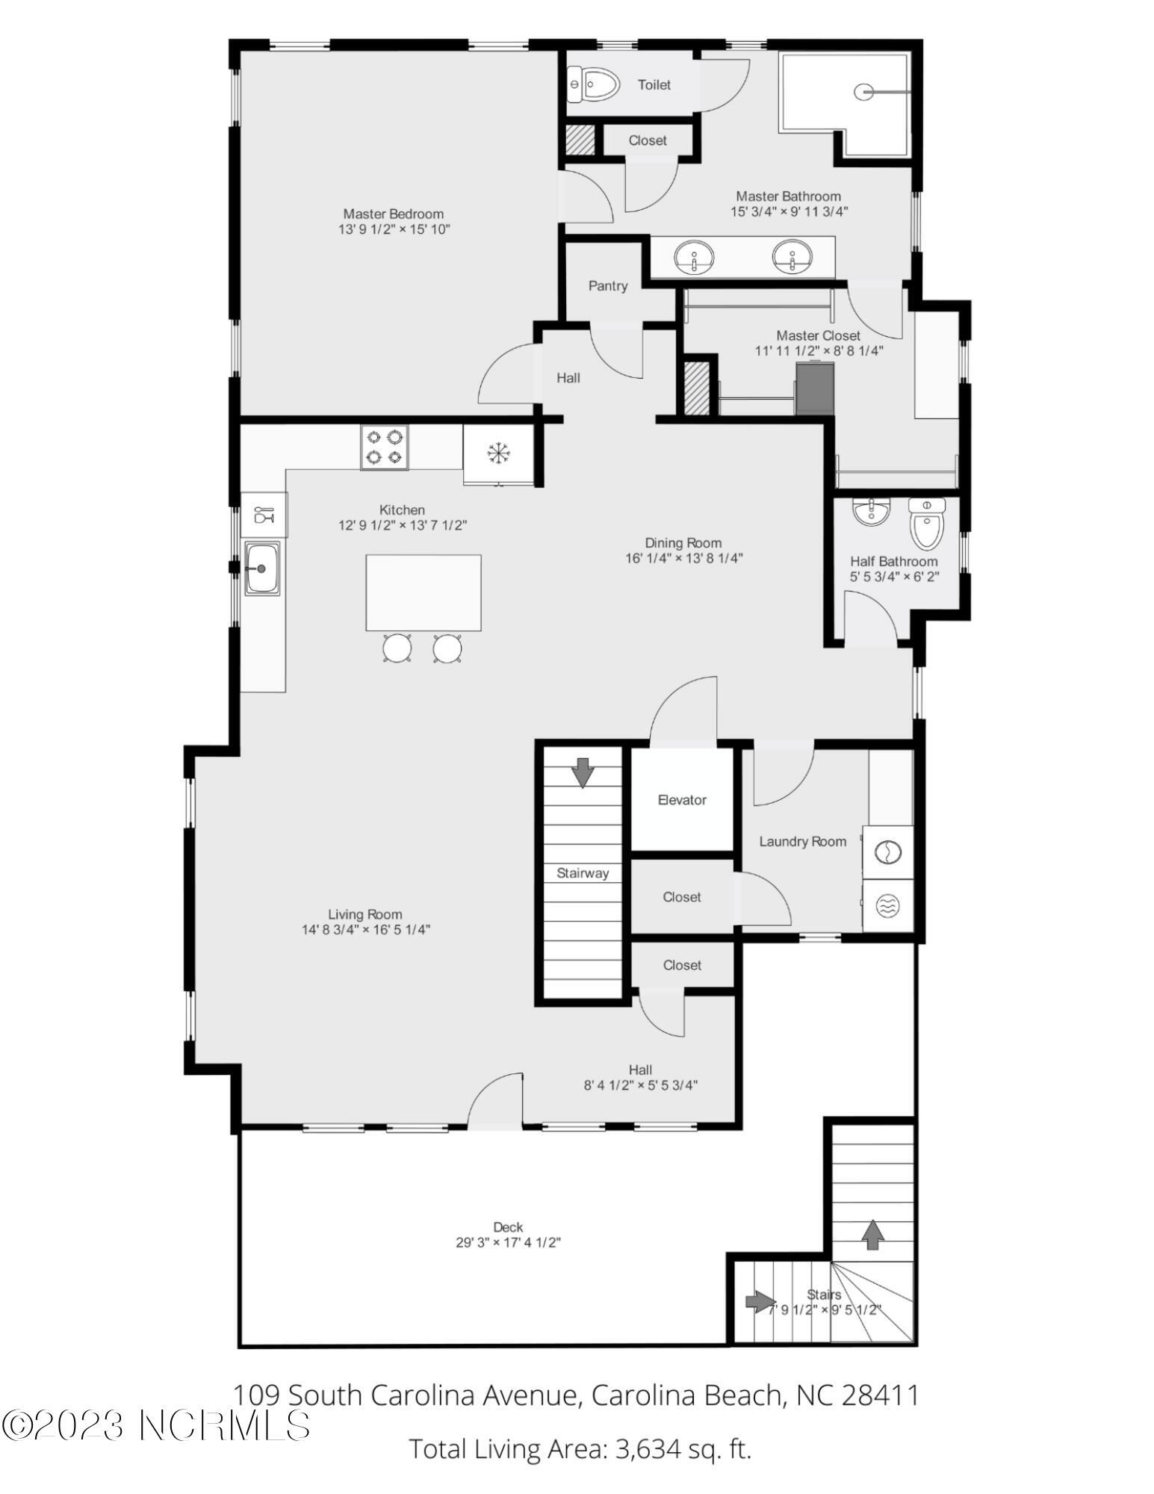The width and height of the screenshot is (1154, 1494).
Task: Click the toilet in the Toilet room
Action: [594, 84]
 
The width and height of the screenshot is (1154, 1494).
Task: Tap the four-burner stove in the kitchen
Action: [384, 447]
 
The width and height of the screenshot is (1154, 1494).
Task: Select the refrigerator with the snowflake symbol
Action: [498, 454]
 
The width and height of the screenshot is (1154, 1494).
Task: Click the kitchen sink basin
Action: [262, 568]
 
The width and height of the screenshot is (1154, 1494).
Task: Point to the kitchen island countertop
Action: [424, 593]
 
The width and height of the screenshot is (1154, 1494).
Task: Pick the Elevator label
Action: [682, 800]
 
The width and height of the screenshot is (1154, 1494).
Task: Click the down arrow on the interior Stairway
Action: [582, 772]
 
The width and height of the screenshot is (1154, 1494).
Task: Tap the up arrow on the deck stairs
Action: [871, 1235]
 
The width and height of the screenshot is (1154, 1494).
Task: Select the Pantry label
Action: [608, 286]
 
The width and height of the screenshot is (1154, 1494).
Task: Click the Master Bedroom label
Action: [394, 214]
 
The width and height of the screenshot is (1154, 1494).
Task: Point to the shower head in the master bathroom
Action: [864, 92]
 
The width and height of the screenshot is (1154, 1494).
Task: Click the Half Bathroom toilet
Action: [927, 524]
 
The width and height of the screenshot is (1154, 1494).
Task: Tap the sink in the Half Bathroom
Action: [872, 512]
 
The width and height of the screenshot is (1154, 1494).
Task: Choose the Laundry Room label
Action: [803, 842]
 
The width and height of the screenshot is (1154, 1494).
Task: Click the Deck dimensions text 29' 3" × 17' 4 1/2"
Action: [509, 1243]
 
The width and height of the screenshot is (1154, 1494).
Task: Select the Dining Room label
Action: [683, 543]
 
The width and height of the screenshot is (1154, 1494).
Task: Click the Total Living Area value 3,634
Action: [648, 1449]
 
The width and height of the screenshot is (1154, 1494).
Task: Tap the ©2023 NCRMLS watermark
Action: [155, 1425]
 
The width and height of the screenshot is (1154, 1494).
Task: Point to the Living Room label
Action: [365, 914]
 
